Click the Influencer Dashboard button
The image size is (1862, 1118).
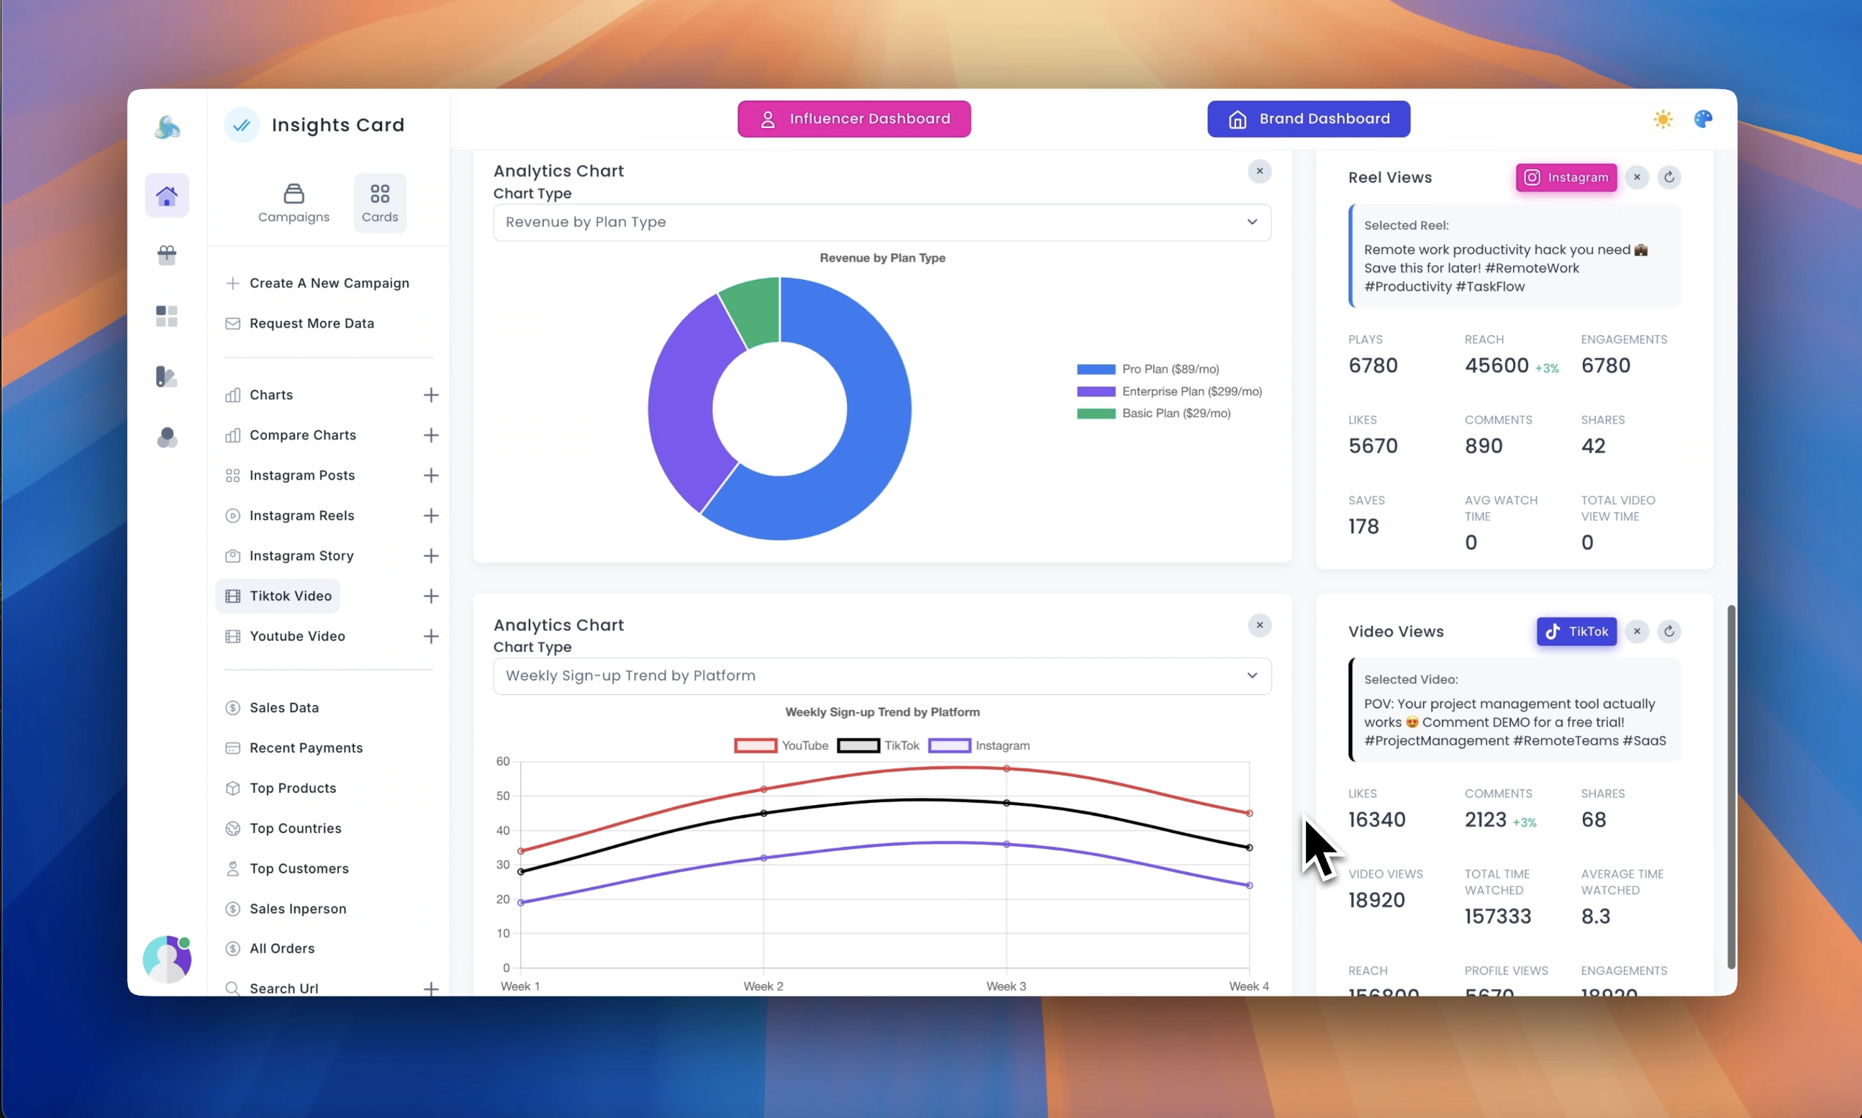[x=853, y=119]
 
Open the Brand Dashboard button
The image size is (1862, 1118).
[x=1309, y=119]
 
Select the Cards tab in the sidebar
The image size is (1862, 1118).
[x=380, y=203]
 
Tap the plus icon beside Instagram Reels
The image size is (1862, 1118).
[x=431, y=516]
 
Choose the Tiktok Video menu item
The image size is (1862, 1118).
[x=290, y=596]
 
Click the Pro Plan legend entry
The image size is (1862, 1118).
[x=1169, y=369]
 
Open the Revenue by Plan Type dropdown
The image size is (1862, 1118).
[x=881, y=222]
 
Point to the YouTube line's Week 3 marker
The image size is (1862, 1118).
[x=1007, y=769]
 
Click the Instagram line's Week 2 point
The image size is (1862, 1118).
[x=764, y=858]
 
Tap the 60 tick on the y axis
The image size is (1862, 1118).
[x=503, y=762]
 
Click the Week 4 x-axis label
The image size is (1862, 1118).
[x=1248, y=987]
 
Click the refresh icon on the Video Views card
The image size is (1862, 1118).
[x=1669, y=632]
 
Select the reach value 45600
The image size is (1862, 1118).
[x=1496, y=366]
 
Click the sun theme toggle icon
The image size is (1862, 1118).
[x=1663, y=119]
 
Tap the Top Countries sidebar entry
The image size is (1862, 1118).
[x=295, y=829]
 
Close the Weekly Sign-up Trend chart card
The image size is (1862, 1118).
[x=1259, y=625]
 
